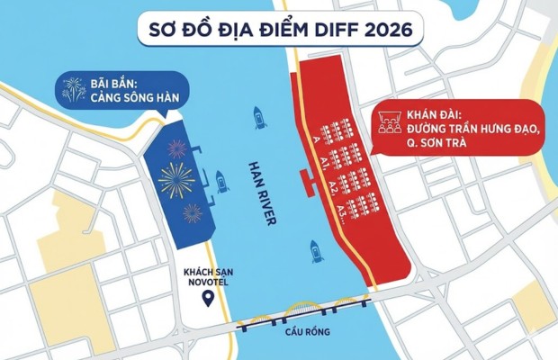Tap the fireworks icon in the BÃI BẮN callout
pos(74,88)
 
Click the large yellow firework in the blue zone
pos(176,180)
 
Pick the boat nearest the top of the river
pos(259,117)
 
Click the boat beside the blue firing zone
pos(220,182)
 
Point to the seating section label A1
pos(322,161)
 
